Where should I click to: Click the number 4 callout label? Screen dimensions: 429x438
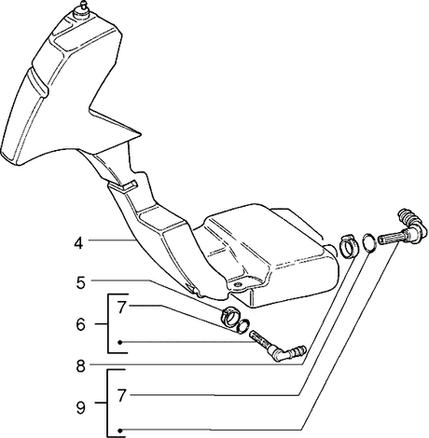point(78,242)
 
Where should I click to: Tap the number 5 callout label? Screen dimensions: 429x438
point(80,282)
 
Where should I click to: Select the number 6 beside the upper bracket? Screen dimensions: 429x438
point(80,324)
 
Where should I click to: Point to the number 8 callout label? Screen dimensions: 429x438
point(80,366)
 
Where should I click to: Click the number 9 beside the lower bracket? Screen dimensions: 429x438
point(80,408)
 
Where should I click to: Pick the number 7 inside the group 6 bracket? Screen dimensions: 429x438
point(121,308)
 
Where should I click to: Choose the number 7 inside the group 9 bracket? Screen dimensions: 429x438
point(121,396)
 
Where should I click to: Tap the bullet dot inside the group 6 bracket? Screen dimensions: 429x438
point(120,342)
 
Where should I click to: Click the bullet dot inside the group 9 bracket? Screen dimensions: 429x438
point(120,431)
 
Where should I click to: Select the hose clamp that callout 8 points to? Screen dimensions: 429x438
point(348,246)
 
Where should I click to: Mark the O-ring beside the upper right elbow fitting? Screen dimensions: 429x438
point(369,241)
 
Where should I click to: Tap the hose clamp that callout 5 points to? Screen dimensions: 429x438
point(230,316)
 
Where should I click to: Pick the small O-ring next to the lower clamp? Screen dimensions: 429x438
point(242,325)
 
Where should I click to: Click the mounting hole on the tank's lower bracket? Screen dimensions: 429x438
point(239,285)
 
